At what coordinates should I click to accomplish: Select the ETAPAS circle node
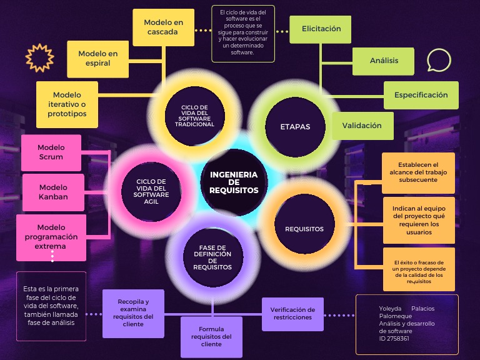pyautogui.click(x=296, y=127)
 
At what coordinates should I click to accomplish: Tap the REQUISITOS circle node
pyautogui.click(x=304, y=229)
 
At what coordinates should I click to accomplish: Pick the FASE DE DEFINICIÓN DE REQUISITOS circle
pyautogui.click(x=212, y=257)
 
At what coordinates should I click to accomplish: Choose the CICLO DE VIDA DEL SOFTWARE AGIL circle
pyautogui.click(x=152, y=190)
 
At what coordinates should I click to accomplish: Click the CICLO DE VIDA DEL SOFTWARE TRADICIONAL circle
pyautogui.click(x=194, y=116)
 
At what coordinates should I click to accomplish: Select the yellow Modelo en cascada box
pyautogui.click(x=164, y=27)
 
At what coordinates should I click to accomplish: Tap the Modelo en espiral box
pyautogui.click(x=98, y=59)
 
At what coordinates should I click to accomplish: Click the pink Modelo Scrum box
pyautogui.click(x=51, y=152)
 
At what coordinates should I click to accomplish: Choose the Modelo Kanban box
pyautogui.click(x=53, y=192)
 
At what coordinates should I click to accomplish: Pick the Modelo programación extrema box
pyautogui.click(x=51, y=237)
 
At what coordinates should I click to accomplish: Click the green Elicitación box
pyautogui.click(x=321, y=29)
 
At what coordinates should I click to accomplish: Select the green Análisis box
pyautogui.click(x=384, y=61)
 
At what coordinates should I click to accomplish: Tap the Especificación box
pyautogui.click(x=421, y=95)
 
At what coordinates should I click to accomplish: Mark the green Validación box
pyautogui.click(x=362, y=126)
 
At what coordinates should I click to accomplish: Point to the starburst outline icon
pyautogui.click(x=39, y=58)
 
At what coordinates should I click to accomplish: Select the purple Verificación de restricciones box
pyautogui.click(x=292, y=313)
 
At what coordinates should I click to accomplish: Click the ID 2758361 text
pyautogui.click(x=394, y=339)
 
